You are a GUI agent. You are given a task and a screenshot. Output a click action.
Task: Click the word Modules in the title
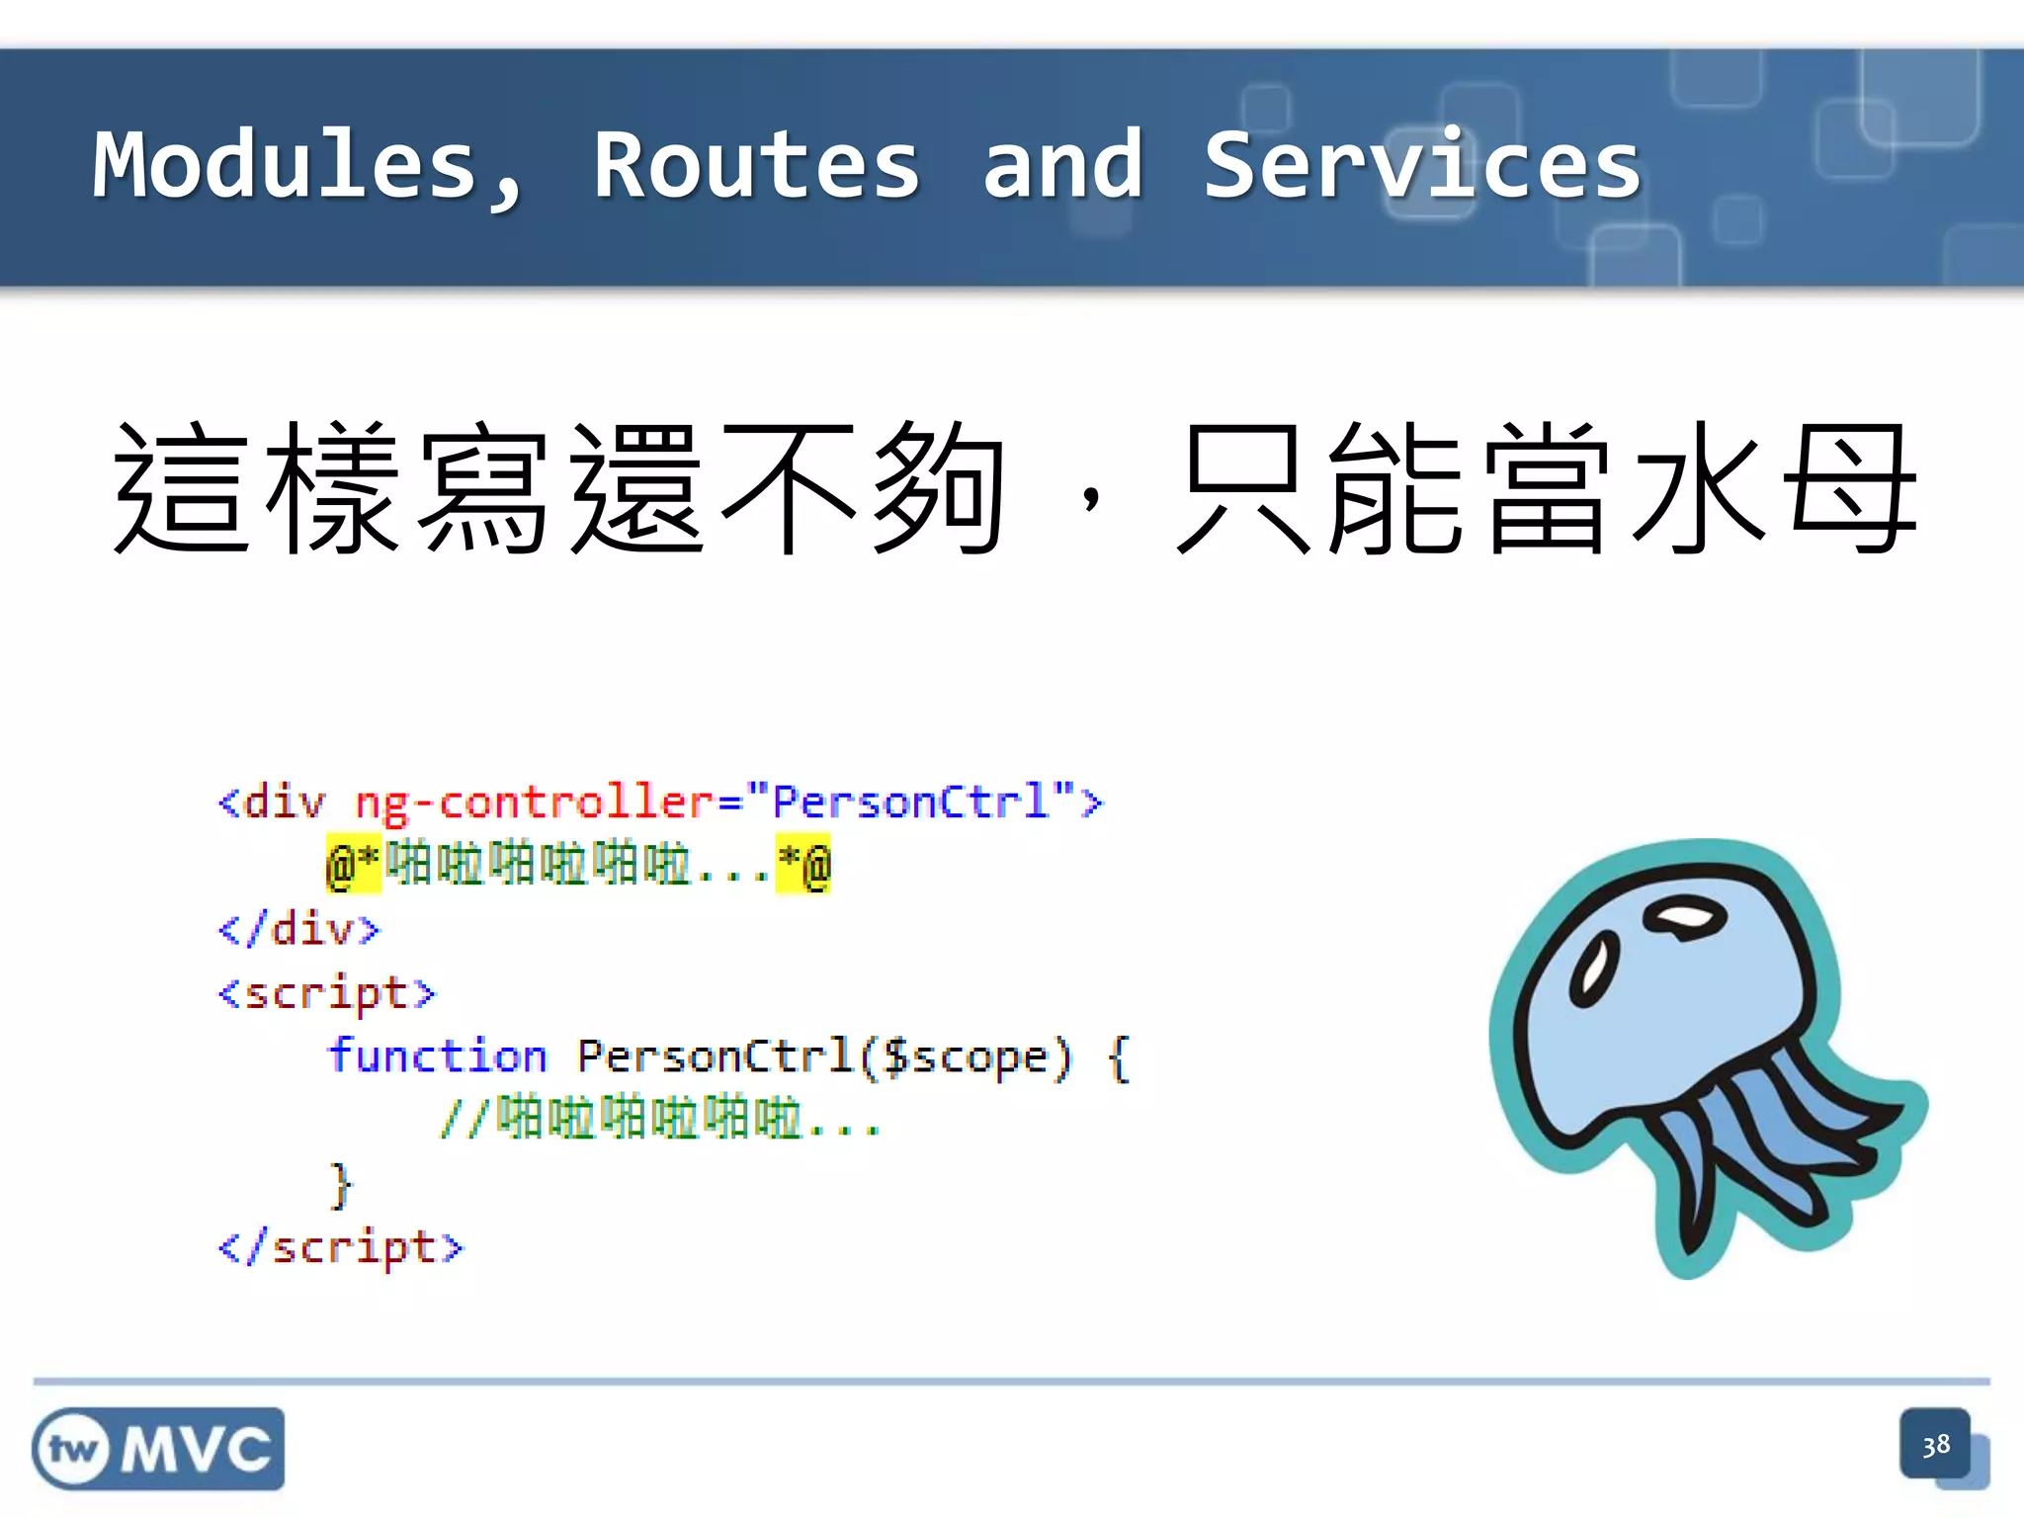coord(287,166)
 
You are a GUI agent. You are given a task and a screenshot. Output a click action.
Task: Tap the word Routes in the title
coord(756,166)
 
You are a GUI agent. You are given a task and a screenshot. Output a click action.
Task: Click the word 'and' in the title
coord(1062,166)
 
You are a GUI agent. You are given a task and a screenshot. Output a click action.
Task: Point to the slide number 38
coord(1935,1446)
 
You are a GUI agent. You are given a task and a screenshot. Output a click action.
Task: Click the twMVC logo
coord(158,1449)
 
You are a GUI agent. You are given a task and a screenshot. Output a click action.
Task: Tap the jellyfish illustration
coord(1700,1048)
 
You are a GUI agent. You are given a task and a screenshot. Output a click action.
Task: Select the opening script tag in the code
coord(326,993)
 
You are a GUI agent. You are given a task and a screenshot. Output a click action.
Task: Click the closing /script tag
coord(340,1247)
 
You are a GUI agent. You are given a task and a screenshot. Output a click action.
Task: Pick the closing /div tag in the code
coord(298,930)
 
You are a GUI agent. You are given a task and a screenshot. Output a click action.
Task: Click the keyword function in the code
coord(437,1056)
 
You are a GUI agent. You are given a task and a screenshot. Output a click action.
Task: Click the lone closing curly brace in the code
coord(341,1184)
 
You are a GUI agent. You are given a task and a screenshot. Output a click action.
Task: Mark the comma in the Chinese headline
coord(1090,499)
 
